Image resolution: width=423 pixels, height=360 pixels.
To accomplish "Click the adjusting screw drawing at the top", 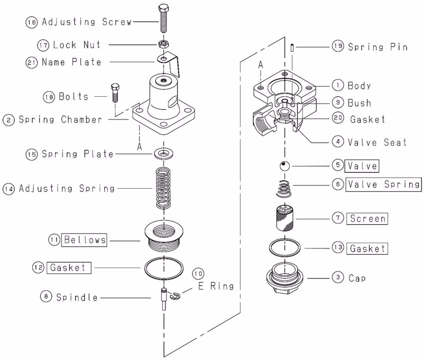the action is coord(163,19).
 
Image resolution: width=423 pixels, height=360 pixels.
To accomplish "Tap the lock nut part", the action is coord(163,44).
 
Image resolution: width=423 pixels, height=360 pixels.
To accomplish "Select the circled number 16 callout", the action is coord(32,22).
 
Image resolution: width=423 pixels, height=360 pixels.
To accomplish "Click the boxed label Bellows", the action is coord(84,239).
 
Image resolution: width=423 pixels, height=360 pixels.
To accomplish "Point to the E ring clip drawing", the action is coord(176,296).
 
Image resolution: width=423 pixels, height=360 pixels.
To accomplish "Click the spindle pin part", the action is coord(164,299).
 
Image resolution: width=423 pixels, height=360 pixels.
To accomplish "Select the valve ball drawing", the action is coord(284,165).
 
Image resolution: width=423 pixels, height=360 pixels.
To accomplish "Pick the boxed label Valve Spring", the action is coord(384,184).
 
